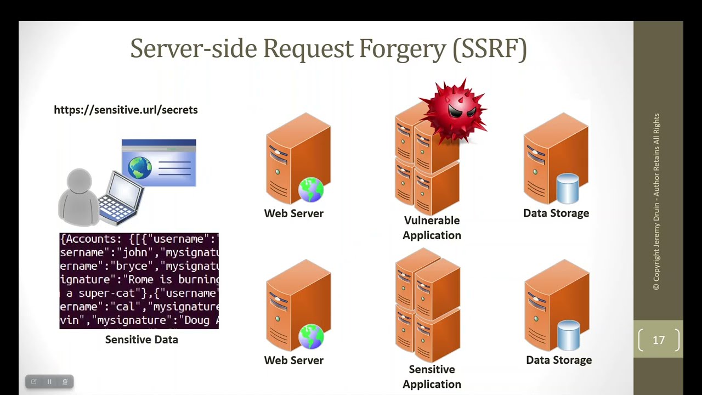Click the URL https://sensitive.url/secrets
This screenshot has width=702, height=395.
126,110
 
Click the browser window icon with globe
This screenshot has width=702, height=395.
159,163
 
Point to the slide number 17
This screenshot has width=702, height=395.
659,340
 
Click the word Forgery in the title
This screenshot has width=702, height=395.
403,49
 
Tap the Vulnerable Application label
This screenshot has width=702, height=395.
432,228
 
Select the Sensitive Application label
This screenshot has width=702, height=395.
432,376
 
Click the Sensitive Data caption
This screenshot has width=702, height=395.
141,340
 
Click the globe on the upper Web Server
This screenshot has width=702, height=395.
311,190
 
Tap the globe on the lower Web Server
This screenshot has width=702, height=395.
311,337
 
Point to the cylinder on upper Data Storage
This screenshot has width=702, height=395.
568,189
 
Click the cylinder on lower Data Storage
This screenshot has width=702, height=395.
569,336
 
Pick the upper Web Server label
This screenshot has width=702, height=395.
293,213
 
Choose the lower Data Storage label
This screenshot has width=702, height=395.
559,360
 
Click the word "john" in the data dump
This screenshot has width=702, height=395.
135,252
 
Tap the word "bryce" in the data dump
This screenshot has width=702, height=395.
132,266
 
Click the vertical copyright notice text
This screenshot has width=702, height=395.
656,201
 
